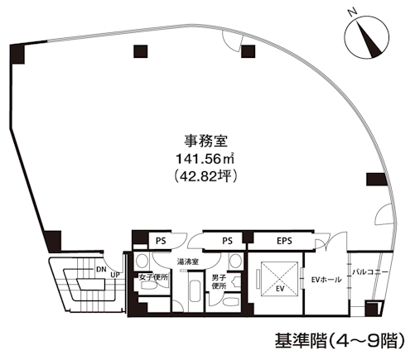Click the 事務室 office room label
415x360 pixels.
point(205,142)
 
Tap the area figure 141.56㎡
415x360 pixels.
point(205,159)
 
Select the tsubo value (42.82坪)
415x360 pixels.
point(205,176)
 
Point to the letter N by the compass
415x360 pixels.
point(353,12)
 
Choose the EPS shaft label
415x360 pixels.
point(284,241)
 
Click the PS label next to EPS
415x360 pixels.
point(227,241)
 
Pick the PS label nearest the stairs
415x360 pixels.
point(161,241)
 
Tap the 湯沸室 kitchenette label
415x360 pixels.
point(188,262)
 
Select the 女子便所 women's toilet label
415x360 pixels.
point(153,277)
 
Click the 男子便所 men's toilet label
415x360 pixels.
point(220,281)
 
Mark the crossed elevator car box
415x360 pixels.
point(279,279)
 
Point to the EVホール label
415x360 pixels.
point(326,280)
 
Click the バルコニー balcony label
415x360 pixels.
point(370,272)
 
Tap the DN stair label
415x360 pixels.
point(101,269)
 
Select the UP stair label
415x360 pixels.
point(115,275)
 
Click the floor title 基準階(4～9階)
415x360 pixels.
point(340,341)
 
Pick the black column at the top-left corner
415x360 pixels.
point(17,54)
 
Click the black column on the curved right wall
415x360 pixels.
point(376,179)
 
